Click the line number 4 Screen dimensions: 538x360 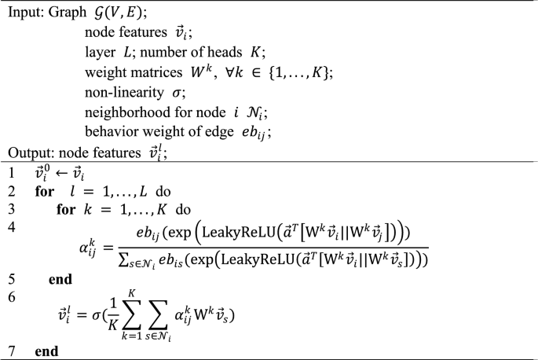12,226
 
